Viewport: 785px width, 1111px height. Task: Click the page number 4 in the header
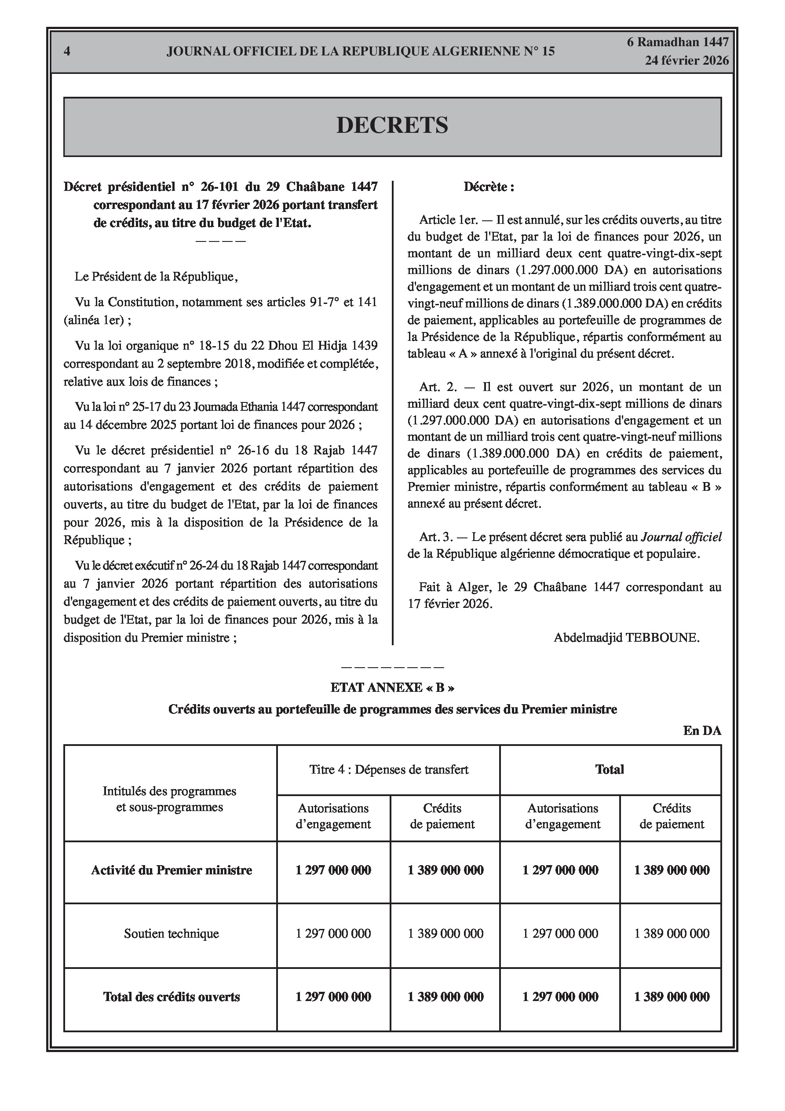pos(67,51)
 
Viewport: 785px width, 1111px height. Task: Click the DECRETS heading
pos(392,125)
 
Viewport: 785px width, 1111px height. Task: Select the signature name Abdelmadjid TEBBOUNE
pos(626,637)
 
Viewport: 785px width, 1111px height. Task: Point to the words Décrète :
pos(488,187)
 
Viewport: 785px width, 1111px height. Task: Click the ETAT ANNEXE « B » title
pos(392,687)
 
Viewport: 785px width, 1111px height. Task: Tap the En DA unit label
pos(702,731)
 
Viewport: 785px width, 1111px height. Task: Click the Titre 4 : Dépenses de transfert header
pos(389,769)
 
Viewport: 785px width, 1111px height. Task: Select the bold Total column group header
pos(610,769)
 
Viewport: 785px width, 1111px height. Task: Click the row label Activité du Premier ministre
pos(172,870)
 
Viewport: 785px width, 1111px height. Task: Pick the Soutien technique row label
pos(172,933)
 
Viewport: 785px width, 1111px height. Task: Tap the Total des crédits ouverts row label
pos(172,997)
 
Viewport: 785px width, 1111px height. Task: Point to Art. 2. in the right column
pos(438,387)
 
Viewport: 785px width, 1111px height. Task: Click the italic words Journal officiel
pos(681,537)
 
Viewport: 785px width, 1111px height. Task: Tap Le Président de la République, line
pos(156,277)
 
